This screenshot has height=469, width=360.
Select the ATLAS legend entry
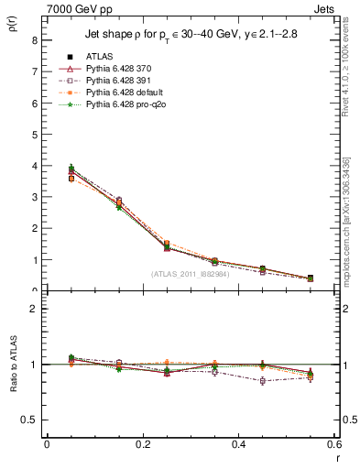click(x=102, y=56)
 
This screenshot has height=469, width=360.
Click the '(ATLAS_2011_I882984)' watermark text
click(x=191, y=274)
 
